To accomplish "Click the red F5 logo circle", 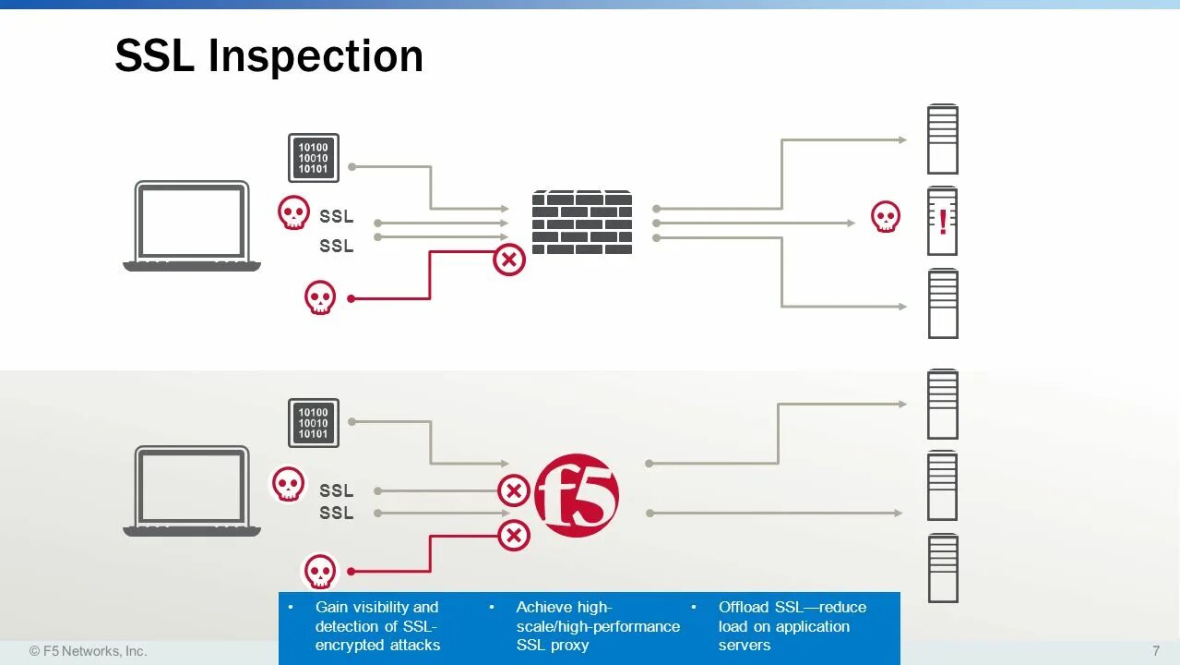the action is (577, 495).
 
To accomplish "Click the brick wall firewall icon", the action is (582, 223).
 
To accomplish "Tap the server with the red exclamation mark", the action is (942, 222).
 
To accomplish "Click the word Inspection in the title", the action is (316, 56).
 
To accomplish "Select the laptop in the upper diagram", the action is (192, 227).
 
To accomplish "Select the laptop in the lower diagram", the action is (192, 492).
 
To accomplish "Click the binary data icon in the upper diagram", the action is (314, 158).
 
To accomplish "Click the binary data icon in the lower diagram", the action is (314, 423).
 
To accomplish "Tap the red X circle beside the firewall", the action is (508, 260).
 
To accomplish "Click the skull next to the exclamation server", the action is (886, 218).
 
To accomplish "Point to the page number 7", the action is (1156, 650).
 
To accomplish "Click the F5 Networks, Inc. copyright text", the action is (89, 650).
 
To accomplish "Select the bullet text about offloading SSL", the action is (792, 626).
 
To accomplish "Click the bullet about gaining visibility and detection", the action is (377, 626).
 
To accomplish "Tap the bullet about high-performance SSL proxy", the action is (597, 626).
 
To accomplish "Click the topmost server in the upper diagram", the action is (942, 140).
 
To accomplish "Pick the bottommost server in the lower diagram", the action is (943, 568).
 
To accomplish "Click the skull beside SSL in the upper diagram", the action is (294, 213).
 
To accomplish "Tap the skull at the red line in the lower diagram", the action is (320, 572).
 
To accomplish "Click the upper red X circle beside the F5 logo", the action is (514, 490).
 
